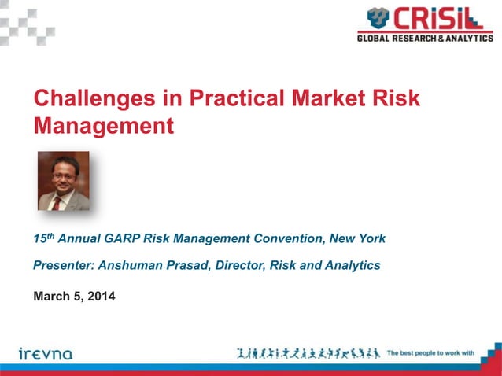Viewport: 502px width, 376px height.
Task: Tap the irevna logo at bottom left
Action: pyautogui.click(x=46, y=353)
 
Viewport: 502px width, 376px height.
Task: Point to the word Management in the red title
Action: pyautogui.click(x=102, y=125)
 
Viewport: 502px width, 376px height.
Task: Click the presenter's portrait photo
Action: pyautogui.click(x=64, y=180)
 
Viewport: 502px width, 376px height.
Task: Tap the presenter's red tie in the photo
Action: pyautogui.click(x=57, y=203)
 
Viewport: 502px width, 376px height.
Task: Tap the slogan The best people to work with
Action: pyautogui.click(x=430, y=353)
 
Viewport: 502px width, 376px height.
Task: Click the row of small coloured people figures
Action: pyautogui.click(x=308, y=353)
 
